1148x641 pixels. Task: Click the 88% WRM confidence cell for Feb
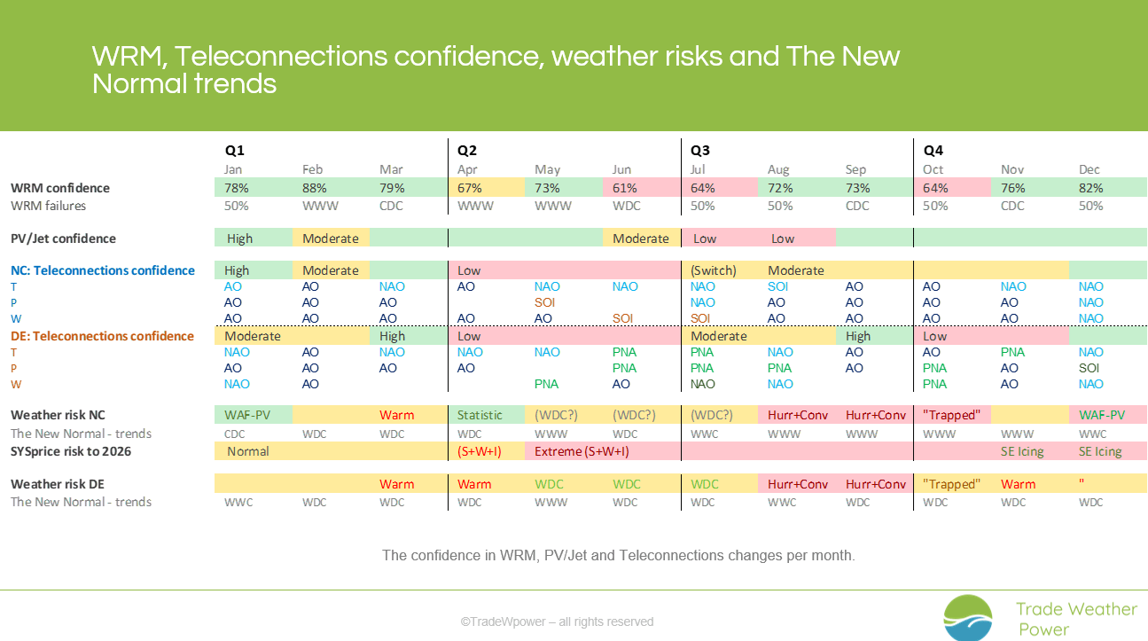[x=314, y=188]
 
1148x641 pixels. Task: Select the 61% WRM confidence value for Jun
[x=624, y=188]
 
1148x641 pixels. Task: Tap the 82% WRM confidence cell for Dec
[x=1090, y=188]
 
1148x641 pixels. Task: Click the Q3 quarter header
[x=699, y=151]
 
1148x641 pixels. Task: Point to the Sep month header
[x=855, y=169]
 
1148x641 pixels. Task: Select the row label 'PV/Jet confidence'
[x=63, y=238]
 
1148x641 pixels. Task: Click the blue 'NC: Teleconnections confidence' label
[x=103, y=270]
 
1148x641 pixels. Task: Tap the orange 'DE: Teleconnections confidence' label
[x=102, y=336]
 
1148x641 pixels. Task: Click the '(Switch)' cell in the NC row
[x=713, y=270]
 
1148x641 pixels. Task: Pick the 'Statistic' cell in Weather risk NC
[x=480, y=415]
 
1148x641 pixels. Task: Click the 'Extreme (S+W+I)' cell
[x=582, y=451]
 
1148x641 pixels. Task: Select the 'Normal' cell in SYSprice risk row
[x=247, y=451]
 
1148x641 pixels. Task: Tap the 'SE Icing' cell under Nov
[x=1022, y=451]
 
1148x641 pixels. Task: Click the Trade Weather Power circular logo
[x=968, y=617]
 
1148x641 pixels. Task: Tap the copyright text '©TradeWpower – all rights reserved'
[x=557, y=621]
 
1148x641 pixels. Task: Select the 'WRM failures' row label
[x=48, y=206]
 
